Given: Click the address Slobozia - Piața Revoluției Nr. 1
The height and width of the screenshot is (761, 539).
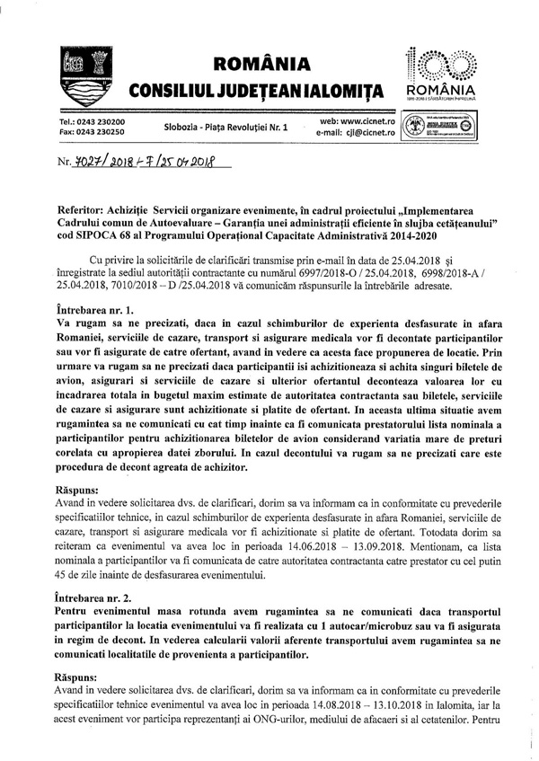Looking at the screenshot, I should click(x=225, y=128).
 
